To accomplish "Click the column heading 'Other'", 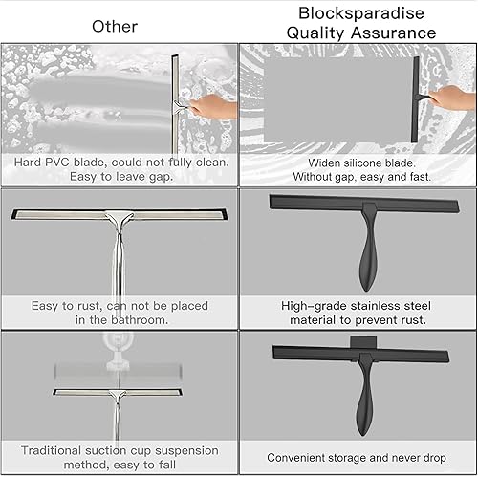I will click(114, 26).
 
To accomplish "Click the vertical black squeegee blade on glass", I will click(416, 100).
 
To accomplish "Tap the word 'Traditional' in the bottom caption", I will click(58, 449).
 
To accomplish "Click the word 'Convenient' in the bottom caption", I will click(300, 458).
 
